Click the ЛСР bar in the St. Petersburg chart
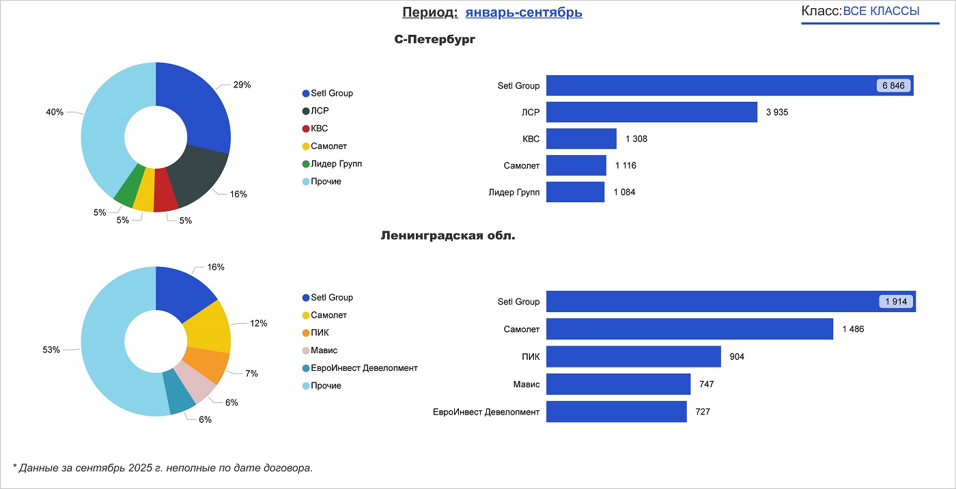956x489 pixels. pyautogui.click(x=651, y=112)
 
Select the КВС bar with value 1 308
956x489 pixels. pyautogui.click(x=581, y=139)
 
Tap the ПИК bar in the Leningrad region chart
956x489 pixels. pyautogui.click(x=634, y=357)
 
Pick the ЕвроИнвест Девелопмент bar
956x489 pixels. pyautogui.click(x=616, y=412)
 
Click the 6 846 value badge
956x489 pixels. pyautogui.click(x=893, y=85)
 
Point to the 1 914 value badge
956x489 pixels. pyautogui.click(x=897, y=302)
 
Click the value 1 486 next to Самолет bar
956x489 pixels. pyautogui.click(x=853, y=329)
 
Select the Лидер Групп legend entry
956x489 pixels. pyautogui.click(x=336, y=164)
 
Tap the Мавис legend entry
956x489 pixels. pyautogui.click(x=324, y=350)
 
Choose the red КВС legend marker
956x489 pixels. pyautogui.click(x=306, y=128)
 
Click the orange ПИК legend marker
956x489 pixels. pyautogui.click(x=306, y=333)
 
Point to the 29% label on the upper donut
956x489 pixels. pyautogui.click(x=242, y=85)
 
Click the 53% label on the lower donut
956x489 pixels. pyautogui.click(x=51, y=350)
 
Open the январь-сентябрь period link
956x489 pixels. pyautogui.click(x=524, y=12)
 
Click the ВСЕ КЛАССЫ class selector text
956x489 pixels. pyautogui.click(x=881, y=11)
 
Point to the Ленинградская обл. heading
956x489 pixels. pyautogui.click(x=447, y=236)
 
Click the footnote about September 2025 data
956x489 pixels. pyautogui.click(x=163, y=468)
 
